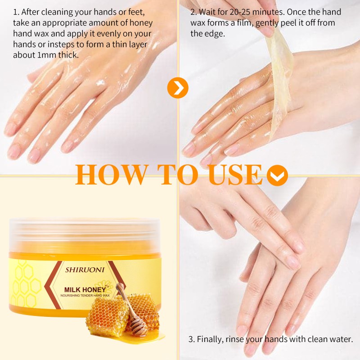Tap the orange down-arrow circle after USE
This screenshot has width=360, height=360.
277,175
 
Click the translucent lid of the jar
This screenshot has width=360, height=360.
84,234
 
